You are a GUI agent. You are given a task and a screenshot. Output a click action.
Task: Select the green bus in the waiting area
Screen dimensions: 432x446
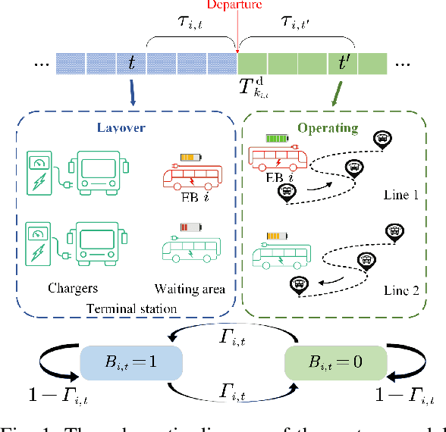click(191, 248)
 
